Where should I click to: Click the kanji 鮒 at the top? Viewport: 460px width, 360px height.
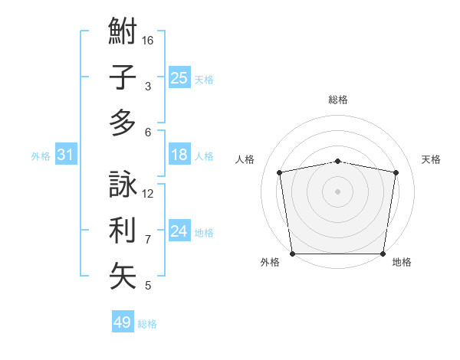pyautogui.click(x=123, y=32)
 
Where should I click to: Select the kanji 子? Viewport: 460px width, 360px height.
pyautogui.click(x=123, y=77)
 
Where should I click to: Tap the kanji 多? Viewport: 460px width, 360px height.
pyautogui.click(x=123, y=123)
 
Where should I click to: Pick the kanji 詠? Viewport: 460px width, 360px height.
pyautogui.click(x=123, y=185)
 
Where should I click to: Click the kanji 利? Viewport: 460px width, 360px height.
pyautogui.click(x=123, y=231)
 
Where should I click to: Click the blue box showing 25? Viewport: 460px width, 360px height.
pyautogui.click(x=179, y=77)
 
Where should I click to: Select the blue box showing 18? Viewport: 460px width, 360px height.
pyautogui.click(x=179, y=155)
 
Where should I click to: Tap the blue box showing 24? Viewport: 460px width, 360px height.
pyautogui.click(x=179, y=232)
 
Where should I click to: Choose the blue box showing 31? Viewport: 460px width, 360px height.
pyautogui.click(x=65, y=155)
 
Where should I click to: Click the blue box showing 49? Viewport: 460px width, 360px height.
pyautogui.click(x=122, y=322)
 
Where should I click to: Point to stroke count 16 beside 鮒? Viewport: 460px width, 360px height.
pyautogui.click(x=148, y=40)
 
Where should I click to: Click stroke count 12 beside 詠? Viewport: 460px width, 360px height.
pyautogui.click(x=148, y=193)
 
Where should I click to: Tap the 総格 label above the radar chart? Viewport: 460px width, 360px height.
pyautogui.click(x=337, y=100)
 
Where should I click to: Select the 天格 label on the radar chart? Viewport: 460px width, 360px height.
pyautogui.click(x=431, y=159)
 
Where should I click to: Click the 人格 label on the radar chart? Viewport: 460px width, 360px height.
pyautogui.click(x=245, y=159)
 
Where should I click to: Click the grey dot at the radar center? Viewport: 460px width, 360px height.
pyautogui.click(x=337, y=191)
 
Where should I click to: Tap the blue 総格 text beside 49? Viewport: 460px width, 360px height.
pyautogui.click(x=148, y=324)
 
